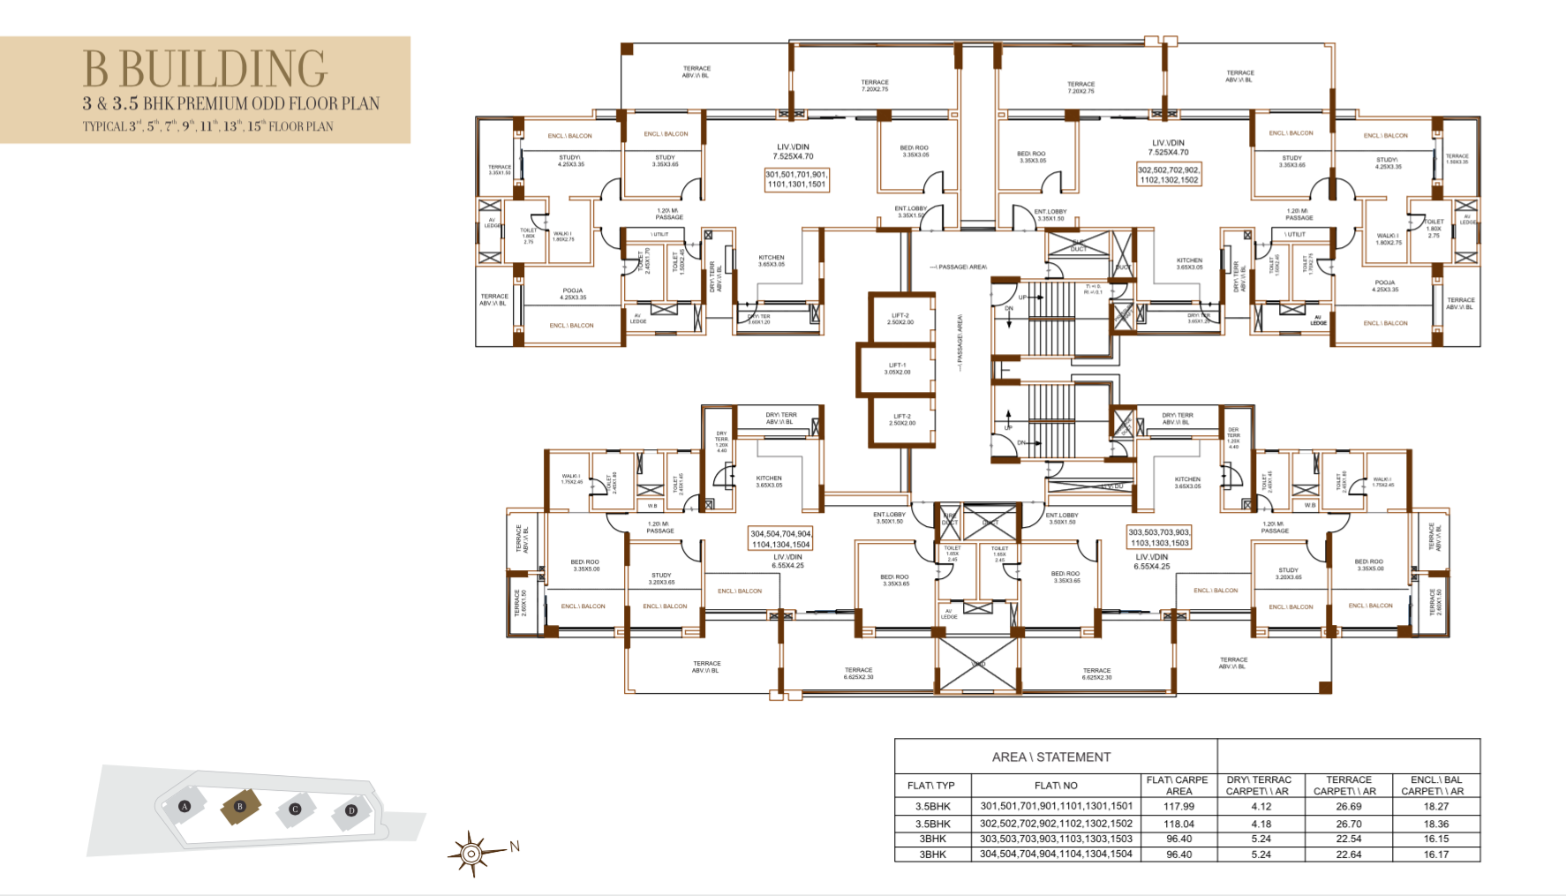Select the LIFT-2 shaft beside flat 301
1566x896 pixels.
pyautogui.click(x=900, y=319)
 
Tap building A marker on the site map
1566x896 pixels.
pyautogui.click(x=184, y=806)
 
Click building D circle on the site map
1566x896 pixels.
pyautogui.click(x=351, y=810)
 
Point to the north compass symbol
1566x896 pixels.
pyautogui.click(x=472, y=854)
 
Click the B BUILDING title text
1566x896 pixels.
pyautogui.click(x=205, y=70)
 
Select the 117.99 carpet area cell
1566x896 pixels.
pyautogui.click(x=1178, y=806)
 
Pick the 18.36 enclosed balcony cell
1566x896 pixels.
pyautogui.click(x=1435, y=824)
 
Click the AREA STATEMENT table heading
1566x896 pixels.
pyautogui.click(x=1050, y=757)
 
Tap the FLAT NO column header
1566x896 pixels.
pyautogui.click(x=1056, y=786)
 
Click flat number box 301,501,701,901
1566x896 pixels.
pyautogui.click(x=796, y=179)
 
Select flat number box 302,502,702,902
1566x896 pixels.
pyautogui.click(x=1169, y=175)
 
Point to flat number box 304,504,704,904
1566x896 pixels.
pyautogui.click(x=780, y=538)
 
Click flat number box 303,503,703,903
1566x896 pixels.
pyautogui.click(x=1159, y=537)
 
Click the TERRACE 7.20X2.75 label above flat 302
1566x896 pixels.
pyautogui.click(x=1080, y=87)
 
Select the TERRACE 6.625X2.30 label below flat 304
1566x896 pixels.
pyautogui.click(x=858, y=674)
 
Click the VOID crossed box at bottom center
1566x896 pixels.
pyautogui.click(x=977, y=664)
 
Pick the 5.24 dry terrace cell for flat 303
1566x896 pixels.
pyautogui.click(x=1261, y=839)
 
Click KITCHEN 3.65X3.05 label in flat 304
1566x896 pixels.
pyautogui.click(x=769, y=481)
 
